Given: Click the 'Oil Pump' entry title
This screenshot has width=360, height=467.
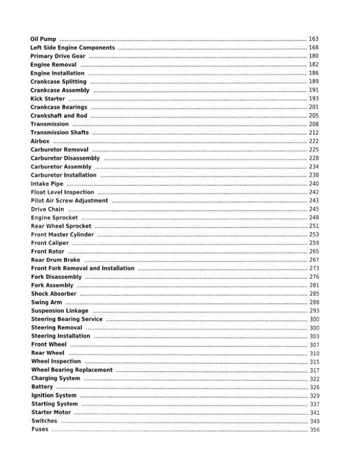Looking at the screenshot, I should point(44,39).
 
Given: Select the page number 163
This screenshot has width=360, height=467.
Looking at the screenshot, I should point(314,39).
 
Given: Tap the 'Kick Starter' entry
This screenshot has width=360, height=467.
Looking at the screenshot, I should point(48,99).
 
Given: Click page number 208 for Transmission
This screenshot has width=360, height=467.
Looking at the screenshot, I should point(314,124).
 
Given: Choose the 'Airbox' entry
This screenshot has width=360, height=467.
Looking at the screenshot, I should point(40,141).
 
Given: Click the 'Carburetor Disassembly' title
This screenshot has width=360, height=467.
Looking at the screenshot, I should point(65,158).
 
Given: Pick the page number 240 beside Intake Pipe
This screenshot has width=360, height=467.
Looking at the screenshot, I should point(314,184).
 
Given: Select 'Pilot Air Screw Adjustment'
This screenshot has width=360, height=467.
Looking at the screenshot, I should point(69,200).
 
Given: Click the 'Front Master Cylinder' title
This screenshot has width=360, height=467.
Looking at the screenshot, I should point(62,235).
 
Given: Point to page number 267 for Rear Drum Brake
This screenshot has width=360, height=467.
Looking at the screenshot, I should point(314,260).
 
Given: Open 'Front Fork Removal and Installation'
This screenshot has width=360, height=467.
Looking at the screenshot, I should point(82,268).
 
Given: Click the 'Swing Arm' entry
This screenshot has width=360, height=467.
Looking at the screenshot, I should point(46,302).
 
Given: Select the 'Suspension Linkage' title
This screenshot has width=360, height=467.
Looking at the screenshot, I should point(60,311).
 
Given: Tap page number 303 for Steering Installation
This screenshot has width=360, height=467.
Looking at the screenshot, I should point(314,336).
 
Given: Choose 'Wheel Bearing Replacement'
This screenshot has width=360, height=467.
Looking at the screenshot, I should point(72,370).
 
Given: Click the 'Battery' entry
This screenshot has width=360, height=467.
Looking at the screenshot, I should point(42,387).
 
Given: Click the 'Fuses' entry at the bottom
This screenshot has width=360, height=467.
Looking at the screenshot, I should point(40,429).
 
